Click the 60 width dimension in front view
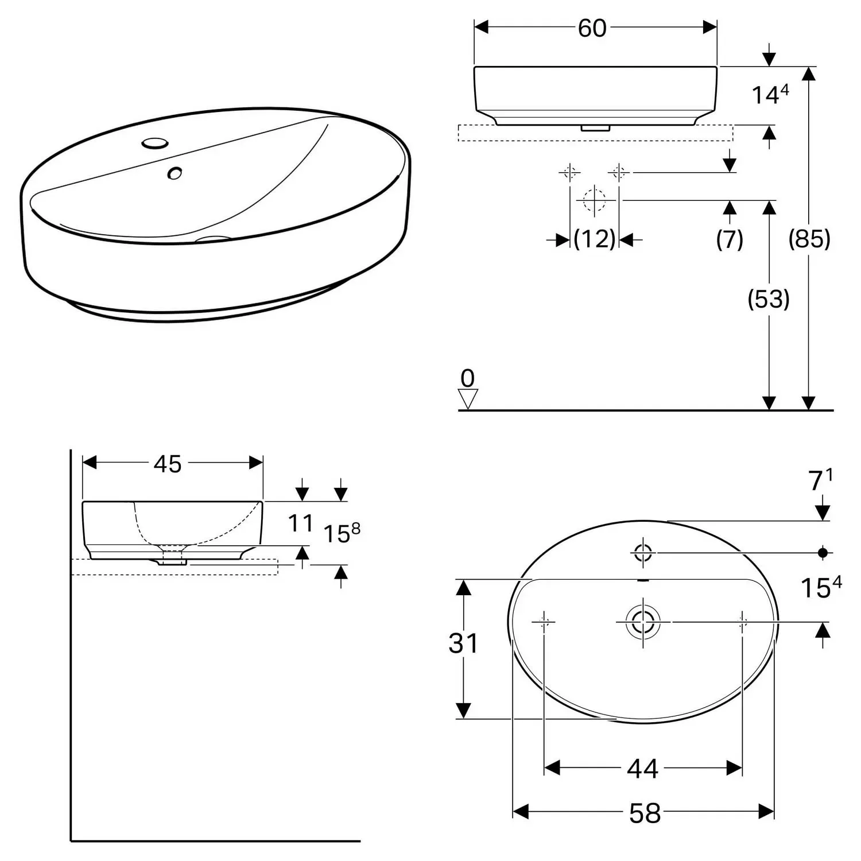pos(592,28)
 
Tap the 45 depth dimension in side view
pos(168,464)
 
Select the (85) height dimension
pos(809,238)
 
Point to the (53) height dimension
pos(769,298)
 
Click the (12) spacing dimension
pos(595,239)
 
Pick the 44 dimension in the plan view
pos(642,768)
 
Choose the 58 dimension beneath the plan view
pos(645,813)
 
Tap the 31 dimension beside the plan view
pos(463,643)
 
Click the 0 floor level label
pos(468,378)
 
